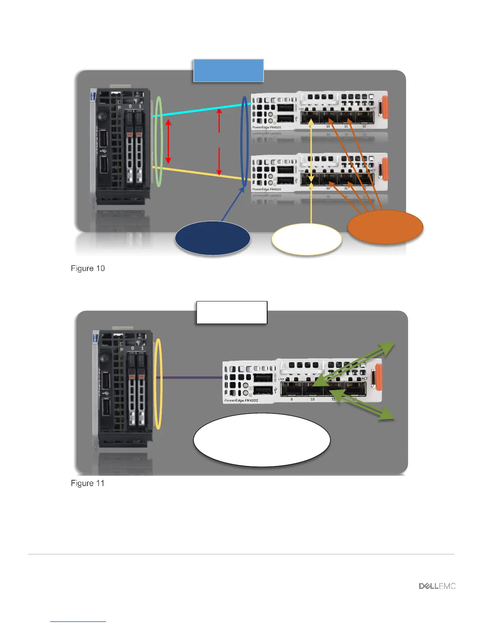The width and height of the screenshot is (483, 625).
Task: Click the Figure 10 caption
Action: coord(88,268)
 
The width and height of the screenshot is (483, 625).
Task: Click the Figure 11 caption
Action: coord(88,483)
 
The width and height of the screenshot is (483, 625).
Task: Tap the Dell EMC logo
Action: coord(437,586)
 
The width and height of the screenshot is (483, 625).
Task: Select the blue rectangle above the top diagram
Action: coord(228,71)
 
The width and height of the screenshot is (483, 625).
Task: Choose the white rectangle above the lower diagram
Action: coord(232,312)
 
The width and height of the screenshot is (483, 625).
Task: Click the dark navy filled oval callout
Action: coord(212,238)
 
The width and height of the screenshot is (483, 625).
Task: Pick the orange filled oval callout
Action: coord(385,227)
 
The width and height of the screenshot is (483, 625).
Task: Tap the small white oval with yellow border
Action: coord(307,240)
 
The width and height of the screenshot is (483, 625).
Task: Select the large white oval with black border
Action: coord(262,440)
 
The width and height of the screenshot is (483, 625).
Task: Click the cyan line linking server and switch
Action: coord(201,110)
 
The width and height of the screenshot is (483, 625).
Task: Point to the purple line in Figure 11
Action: coord(189,378)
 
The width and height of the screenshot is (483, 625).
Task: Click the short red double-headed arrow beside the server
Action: coord(168,141)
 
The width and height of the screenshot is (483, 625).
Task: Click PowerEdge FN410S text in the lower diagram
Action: coord(241,400)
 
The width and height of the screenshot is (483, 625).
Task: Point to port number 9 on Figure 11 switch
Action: coord(292,399)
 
